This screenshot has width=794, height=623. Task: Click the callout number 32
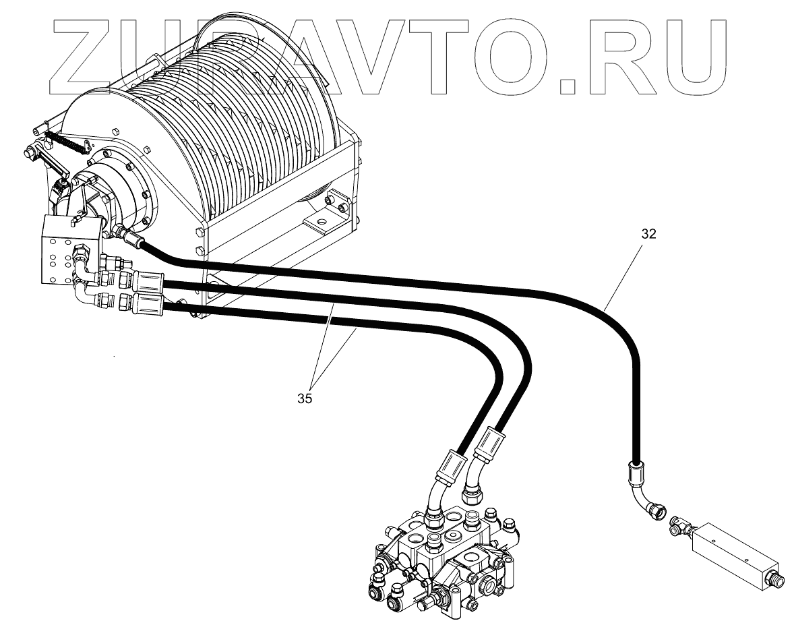click(648, 235)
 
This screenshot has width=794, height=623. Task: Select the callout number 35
click(304, 398)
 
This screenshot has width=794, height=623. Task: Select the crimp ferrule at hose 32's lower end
click(634, 473)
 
